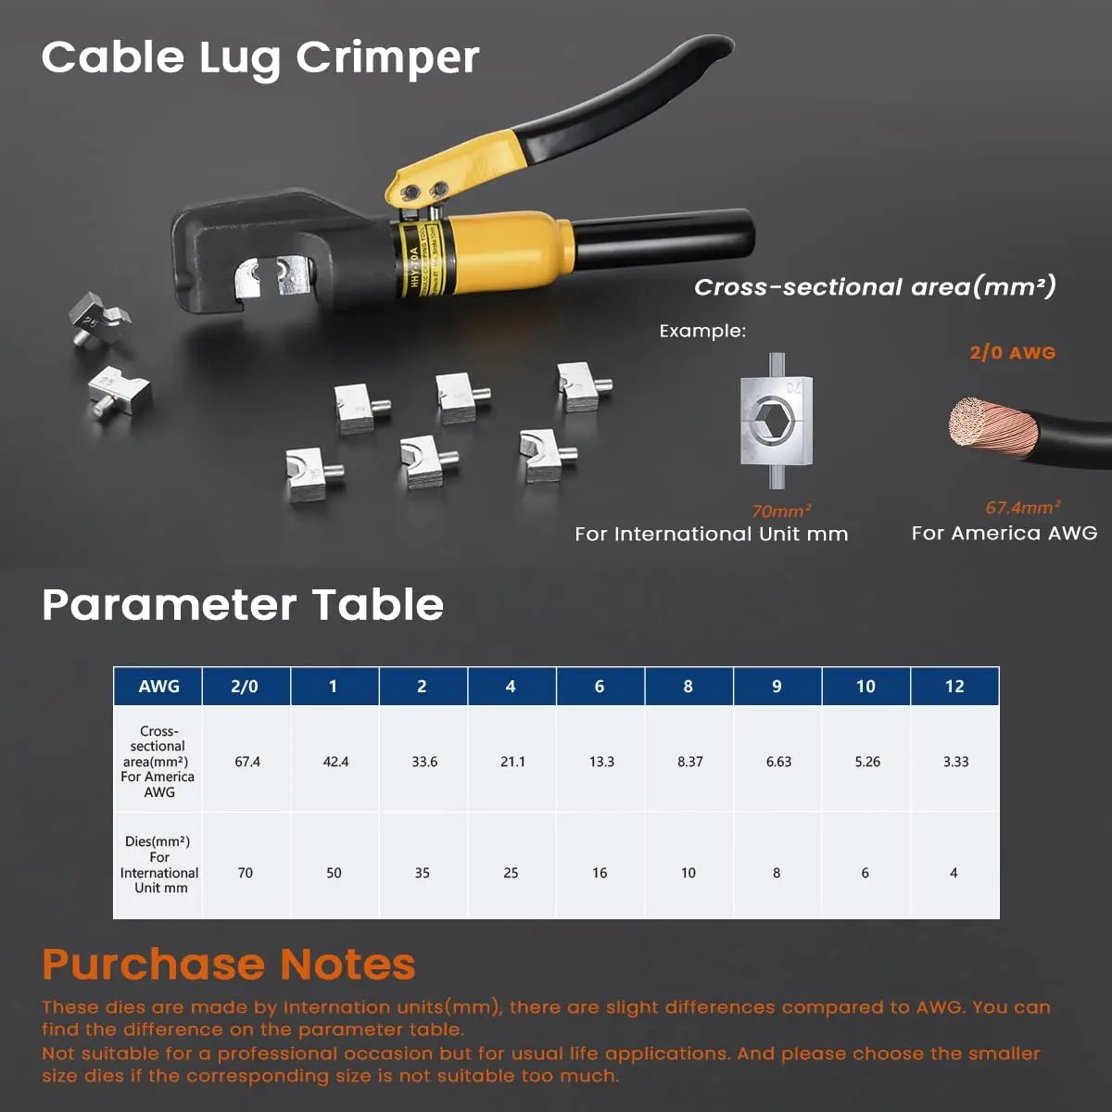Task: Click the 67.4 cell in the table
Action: click(x=247, y=762)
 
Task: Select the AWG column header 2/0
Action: click(x=245, y=687)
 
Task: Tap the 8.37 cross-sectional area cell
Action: click(x=689, y=762)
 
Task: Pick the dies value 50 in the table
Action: click(x=334, y=873)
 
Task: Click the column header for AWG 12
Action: click(x=954, y=687)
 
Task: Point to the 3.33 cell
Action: click(x=955, y=762)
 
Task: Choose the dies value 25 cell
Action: click(x=511, y=873)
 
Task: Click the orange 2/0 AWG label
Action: click(x=1012, y=353)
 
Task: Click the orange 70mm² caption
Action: click(x=781, y=511)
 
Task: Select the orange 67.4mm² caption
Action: click(x=1022, y=508)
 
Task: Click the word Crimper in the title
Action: click(x=387, y=58)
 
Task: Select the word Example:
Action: click(x=701, y=331)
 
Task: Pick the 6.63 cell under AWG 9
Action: click(x=778, y=762)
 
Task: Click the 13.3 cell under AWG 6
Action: click(x=600, y=762)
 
